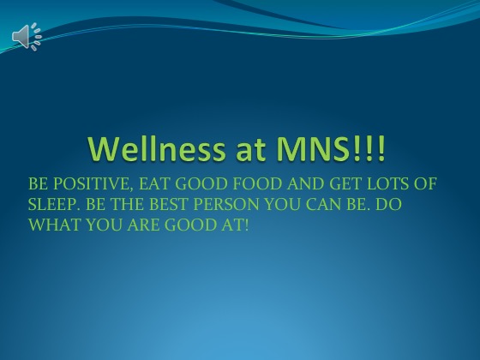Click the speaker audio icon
27,36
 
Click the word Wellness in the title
156,149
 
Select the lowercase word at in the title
250,150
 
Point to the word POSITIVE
93,184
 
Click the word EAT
154,184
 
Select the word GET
345,184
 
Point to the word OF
425,184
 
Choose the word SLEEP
52,205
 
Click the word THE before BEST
127,205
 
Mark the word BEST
168,205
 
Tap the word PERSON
226,205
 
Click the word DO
388,205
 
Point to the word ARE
143,225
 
